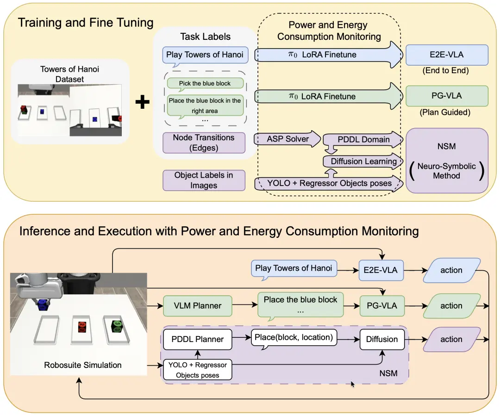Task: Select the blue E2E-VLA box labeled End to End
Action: pyautogui.click(x=446, y=55)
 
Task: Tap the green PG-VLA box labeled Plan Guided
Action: pyautogui.click(x=446, y=96)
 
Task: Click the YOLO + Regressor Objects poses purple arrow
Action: pyautogui.click(x=329, y=183)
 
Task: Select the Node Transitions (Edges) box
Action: pyautogui.click(x=204, y=143)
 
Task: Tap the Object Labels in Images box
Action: pyautogui.click(x=204, y=180)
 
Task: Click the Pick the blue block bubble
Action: pyautogui.click(x=205, y=84)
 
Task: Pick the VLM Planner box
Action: pyautogui.click(x=198, y=305)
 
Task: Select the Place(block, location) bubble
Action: pyautogui.click(x=294, y=338)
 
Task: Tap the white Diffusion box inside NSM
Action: pyautogui.click(x=381, y=339)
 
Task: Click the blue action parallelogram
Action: pyautogui.click(x=451, y=270)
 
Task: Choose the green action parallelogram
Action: pyautogui.click(x=451, y=306)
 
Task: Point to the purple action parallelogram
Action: pyautogui.click(x=451, y=339)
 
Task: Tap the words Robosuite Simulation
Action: pyautogui.click(x=83, y=365)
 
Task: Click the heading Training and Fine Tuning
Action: pyautogui.click(x=86, y=23)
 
